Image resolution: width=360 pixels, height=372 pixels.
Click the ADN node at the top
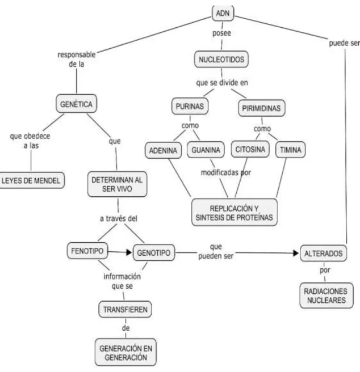tap(223, 13)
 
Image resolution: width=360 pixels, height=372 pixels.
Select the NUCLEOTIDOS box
tap(221, 60)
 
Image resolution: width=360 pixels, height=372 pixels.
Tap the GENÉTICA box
tap(76, 104)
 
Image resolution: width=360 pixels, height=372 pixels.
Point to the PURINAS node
tap(190, 106)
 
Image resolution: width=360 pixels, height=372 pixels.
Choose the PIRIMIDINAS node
tap(261, 108)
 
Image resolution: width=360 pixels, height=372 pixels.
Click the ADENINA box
tap(163, 150)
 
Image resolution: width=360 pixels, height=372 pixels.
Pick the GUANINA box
tap(206, 150)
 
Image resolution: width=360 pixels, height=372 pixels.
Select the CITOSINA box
tap(250, 149)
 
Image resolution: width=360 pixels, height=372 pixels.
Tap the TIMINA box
tap(290, 150)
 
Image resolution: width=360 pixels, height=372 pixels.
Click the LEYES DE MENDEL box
tap(31, 180)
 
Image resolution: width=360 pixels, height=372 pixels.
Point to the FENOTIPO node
tap(87, 251)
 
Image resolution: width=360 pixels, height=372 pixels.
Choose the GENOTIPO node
tap(154, 253)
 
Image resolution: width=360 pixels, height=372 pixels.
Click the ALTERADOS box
tap(324, 253)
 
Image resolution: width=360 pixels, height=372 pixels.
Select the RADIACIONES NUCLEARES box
tap(326, 295)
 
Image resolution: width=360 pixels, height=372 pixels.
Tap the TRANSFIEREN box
tap(125, 310)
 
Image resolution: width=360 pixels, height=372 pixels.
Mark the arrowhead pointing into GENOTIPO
tap(129, 252)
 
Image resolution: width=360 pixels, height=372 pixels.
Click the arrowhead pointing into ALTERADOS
tap(296, 253)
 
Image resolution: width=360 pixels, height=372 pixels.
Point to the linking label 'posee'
tap(221, 33)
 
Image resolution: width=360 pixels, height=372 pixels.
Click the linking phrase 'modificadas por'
tap(226, 172)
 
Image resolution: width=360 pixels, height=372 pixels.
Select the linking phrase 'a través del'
tap(119, 218)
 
